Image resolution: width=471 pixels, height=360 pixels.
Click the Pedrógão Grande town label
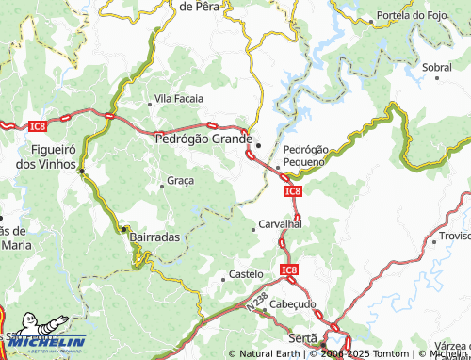point(203,139)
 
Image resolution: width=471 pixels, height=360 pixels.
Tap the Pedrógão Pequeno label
point(304,155)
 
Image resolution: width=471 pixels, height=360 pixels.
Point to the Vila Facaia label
point(180,98)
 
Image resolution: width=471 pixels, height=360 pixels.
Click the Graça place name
point(180,180)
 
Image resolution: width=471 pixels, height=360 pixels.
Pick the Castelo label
point(247,274)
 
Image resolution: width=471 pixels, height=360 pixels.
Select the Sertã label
point(304,336)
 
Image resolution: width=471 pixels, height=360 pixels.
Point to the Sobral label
point(437,68)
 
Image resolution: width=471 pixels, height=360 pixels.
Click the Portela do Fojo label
point(414,16)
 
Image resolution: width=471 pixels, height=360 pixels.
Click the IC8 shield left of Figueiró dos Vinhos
point(37,125)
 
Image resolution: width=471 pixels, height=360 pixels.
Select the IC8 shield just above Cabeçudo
point(288,270)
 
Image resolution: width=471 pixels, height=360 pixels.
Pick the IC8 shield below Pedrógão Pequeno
point(292,190)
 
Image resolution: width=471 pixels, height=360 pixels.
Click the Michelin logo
point(47,342)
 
